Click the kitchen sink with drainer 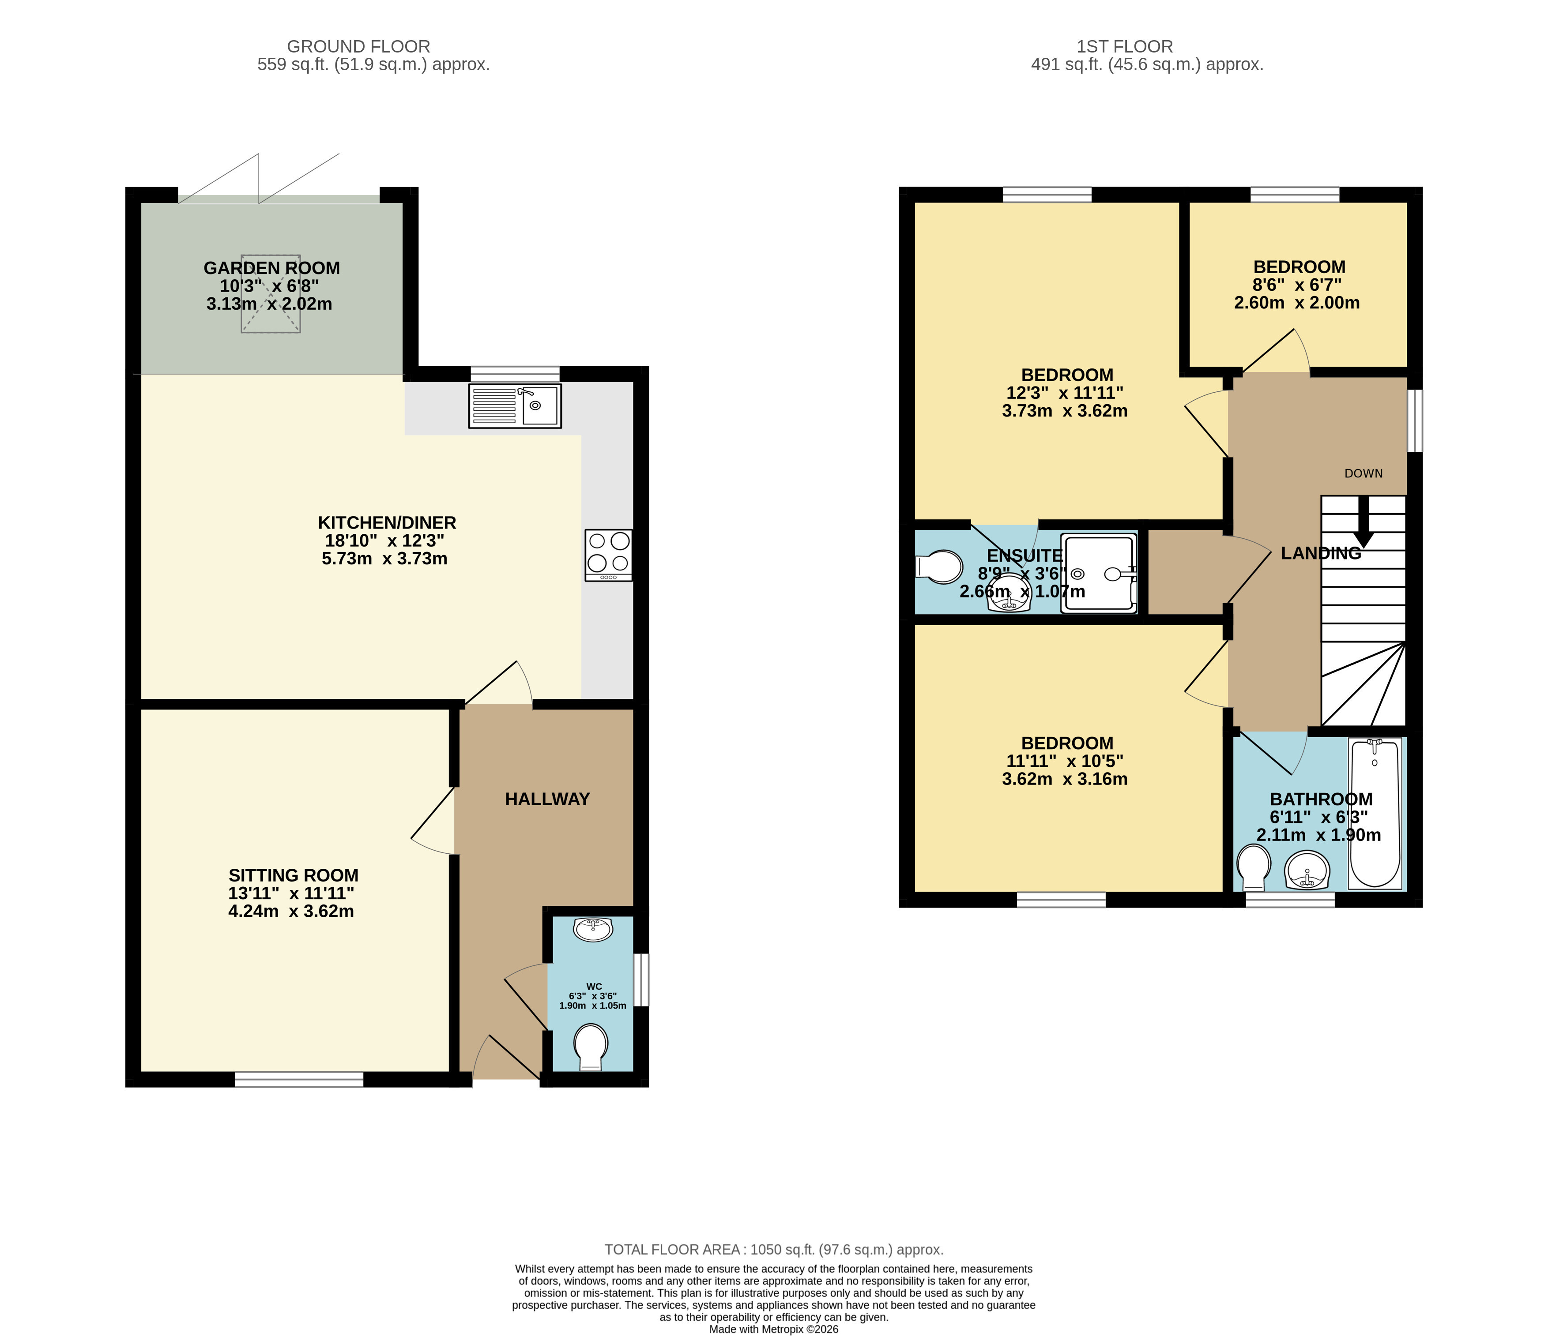[515, 405]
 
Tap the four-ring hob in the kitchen [609, 555]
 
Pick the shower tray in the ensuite [1099, 573]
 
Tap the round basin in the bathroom [1307, 871]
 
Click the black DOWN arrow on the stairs [1363, 521]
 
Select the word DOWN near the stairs [1363, 473]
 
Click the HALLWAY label [548, 799]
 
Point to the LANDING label [1321, 553]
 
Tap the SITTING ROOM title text [294, 875]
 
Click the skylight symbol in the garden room [271, 293]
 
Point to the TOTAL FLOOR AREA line [774, 1250]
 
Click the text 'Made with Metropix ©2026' [774, 1329]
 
